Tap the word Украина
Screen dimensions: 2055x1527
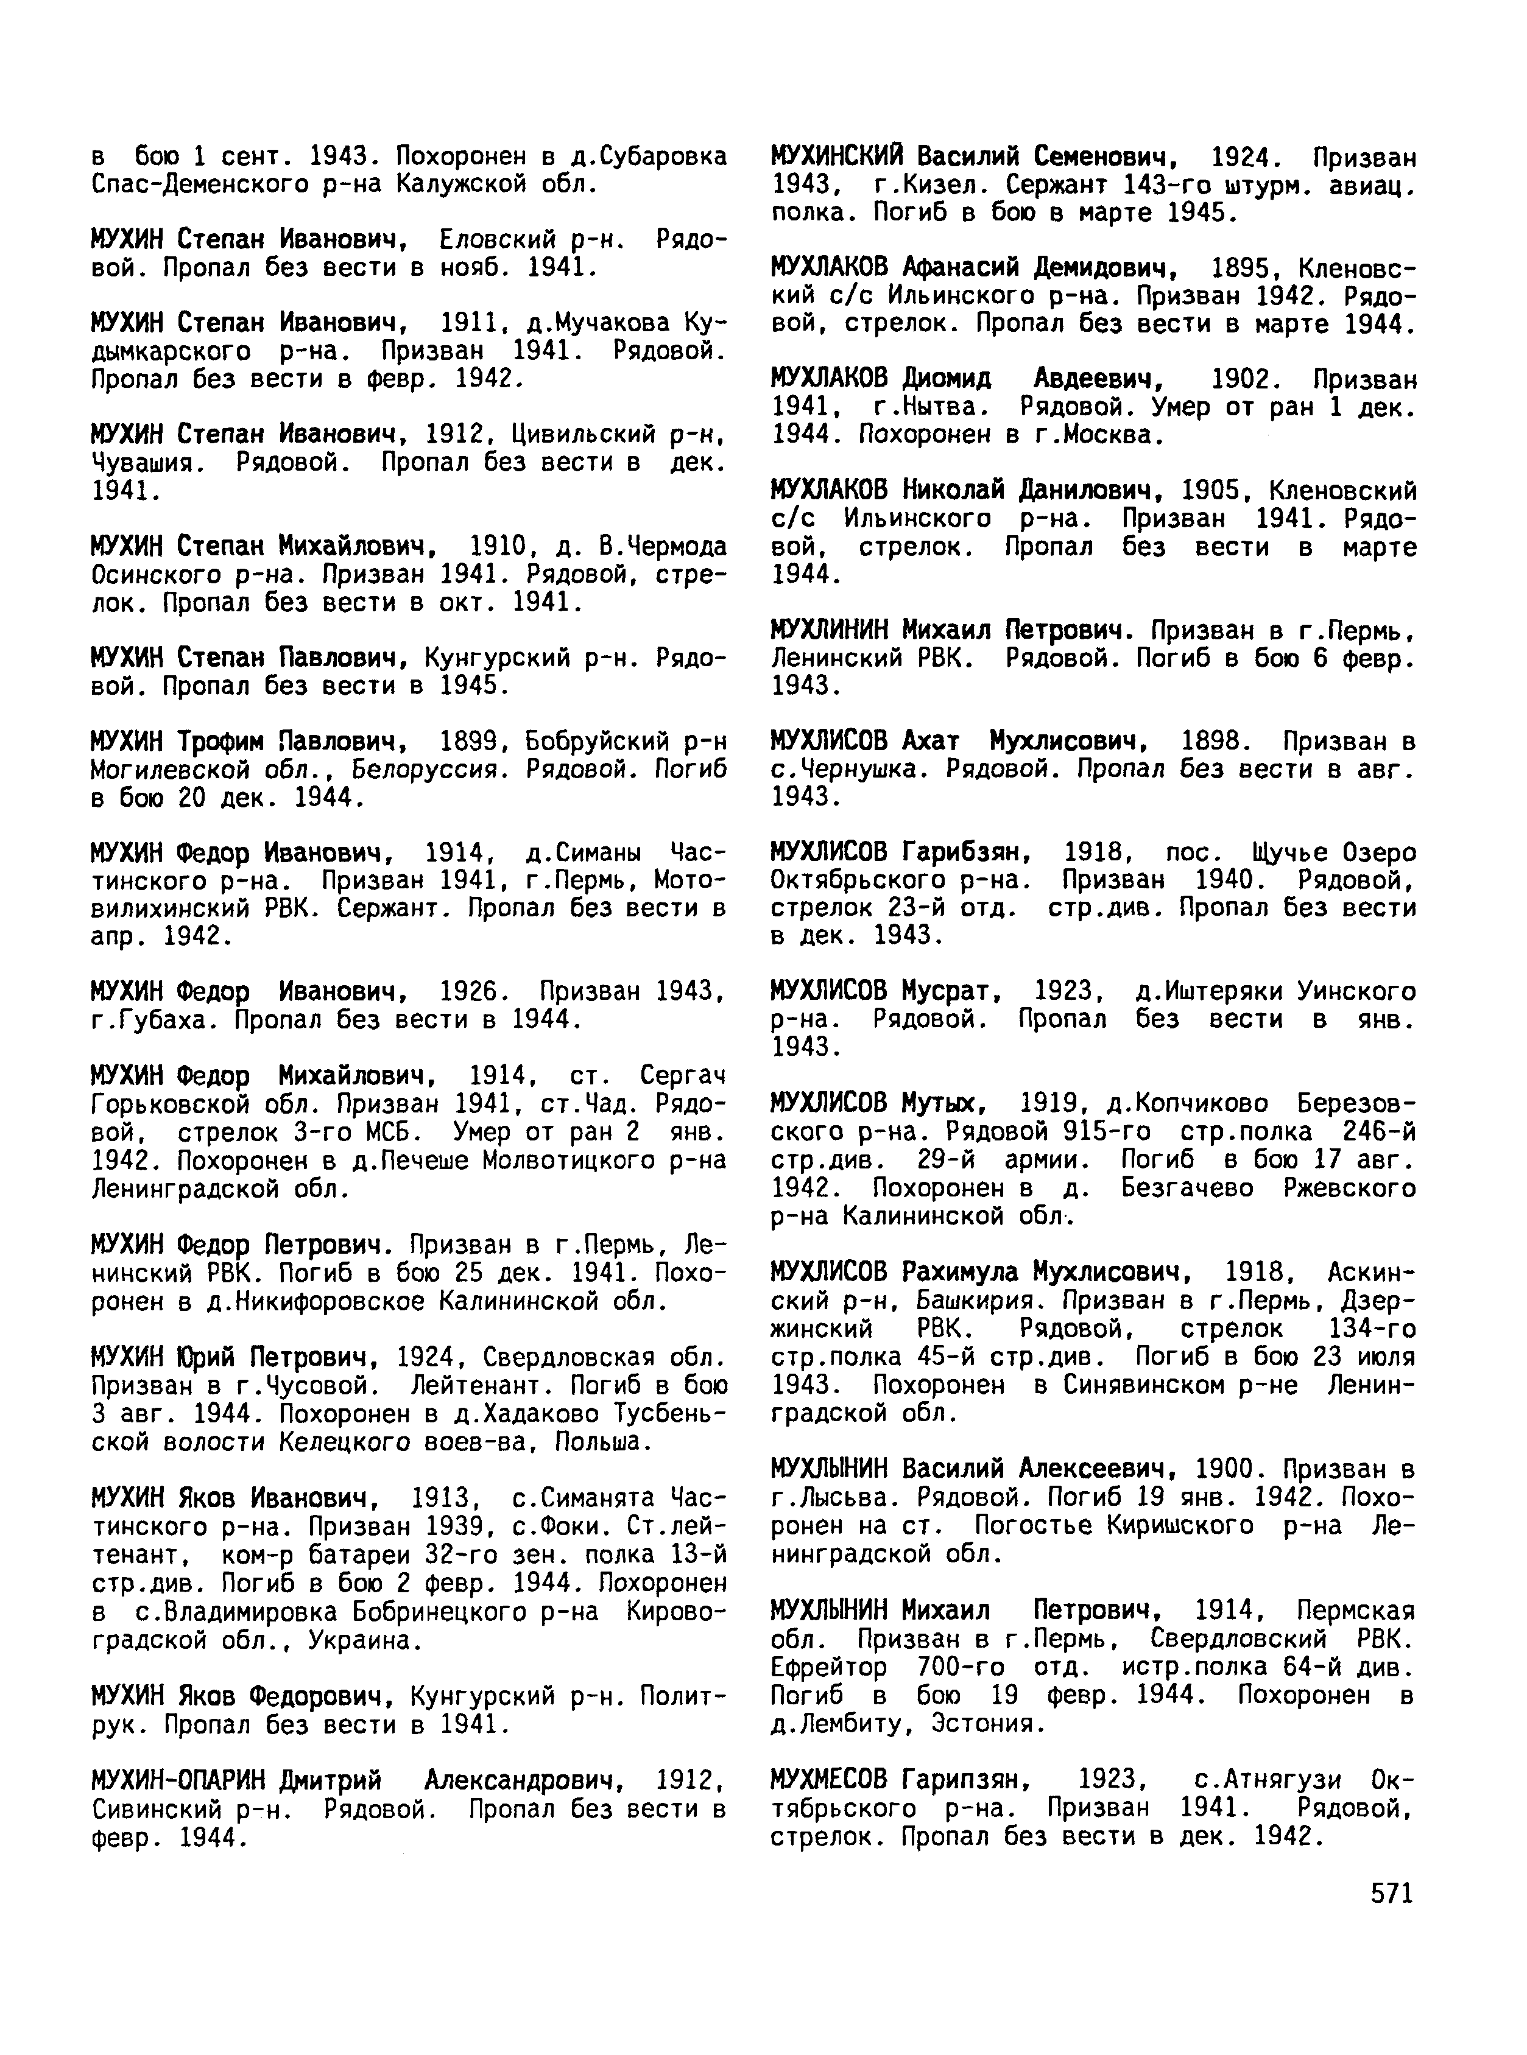(365, 1640)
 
